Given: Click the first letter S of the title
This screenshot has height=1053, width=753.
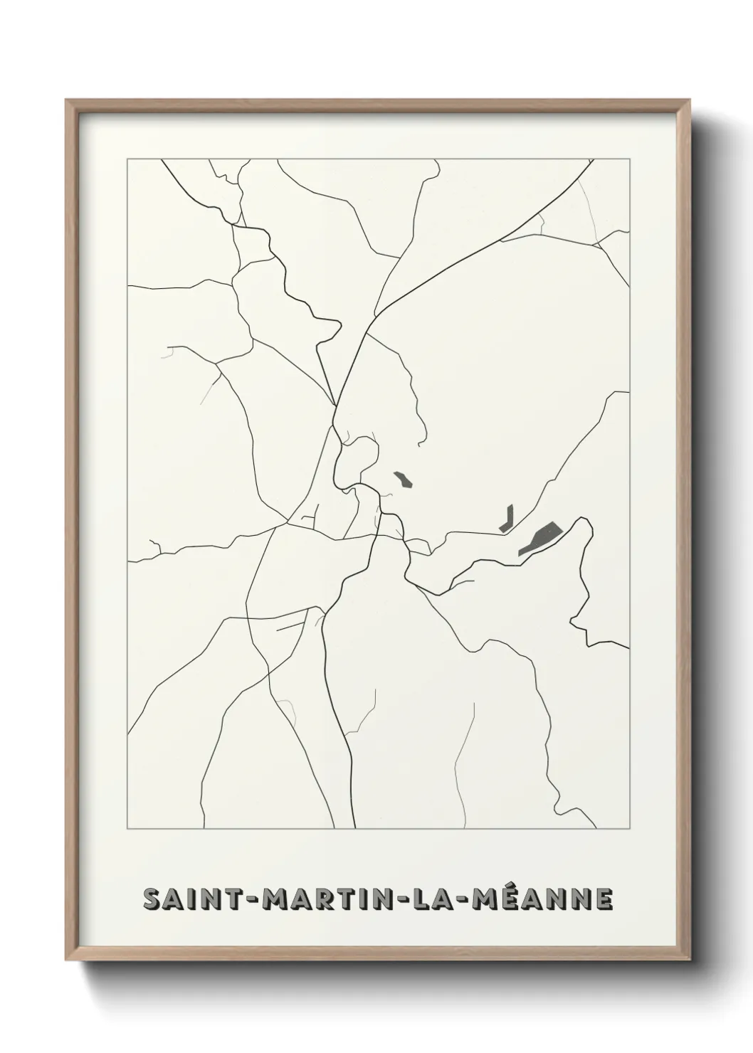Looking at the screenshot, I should tap(152, 899).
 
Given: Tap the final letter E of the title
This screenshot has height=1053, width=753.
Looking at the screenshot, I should tap(602, 899).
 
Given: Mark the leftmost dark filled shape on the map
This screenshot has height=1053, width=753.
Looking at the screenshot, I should tap(404, 479).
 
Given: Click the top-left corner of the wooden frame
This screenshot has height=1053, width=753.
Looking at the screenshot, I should tap(67, 100).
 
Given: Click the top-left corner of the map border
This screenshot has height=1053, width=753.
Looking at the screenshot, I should tap(127, 159).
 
